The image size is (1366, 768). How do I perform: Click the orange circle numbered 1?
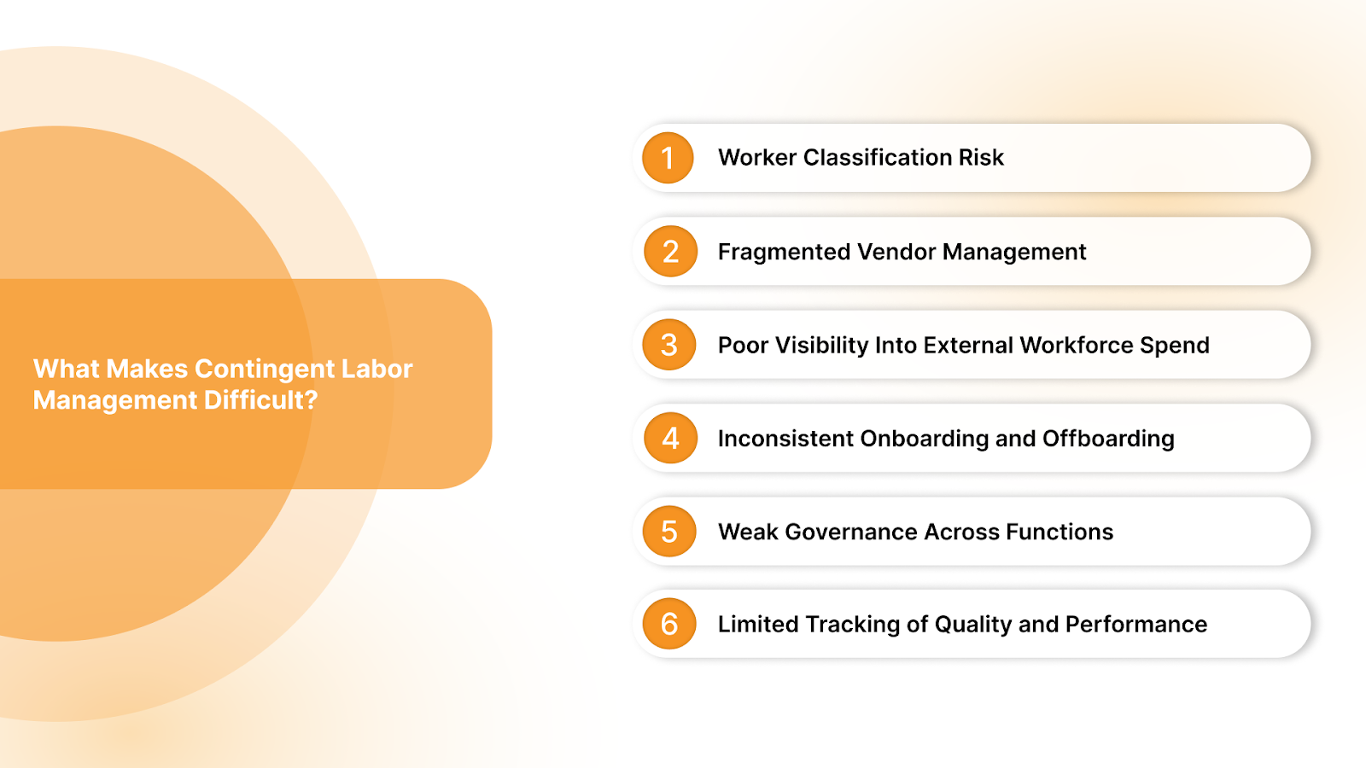pyautogui.click(x=668, y=158)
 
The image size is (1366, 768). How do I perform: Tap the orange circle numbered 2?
pyautogui.click(x=670, y=252)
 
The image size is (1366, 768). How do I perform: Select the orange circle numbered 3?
pyautogui.click(x=669, y=345)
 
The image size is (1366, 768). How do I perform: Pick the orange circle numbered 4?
pyautogui.click(x=670, y=439)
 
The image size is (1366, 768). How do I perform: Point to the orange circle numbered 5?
pyautogui.click(x=669, y=532)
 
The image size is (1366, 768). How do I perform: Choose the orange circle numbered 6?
pyautogui.click(x=669, y=624)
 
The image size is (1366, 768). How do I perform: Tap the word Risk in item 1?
pyautogui.click(x=981, y=158)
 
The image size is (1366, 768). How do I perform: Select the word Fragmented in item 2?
pyautogui.click(x=784, y=252)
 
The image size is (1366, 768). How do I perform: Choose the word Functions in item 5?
pyautogui.click(x=1060, y=532)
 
